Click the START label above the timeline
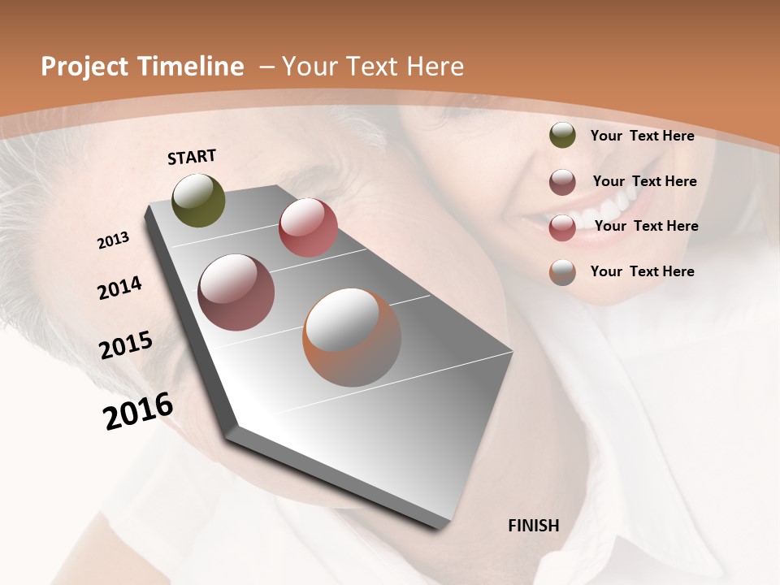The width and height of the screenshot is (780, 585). pos(192,157)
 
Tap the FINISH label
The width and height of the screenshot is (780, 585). pos(534,526)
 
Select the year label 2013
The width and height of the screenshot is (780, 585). pos(114,240)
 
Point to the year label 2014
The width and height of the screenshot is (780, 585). pos(120,288)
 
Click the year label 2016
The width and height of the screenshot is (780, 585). pos(138,411)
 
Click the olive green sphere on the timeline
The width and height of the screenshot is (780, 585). pos(199,200)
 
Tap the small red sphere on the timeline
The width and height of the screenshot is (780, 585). pos(308,227)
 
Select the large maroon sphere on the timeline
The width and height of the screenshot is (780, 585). pos(236,292)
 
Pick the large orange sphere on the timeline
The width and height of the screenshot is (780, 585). pos(352,337)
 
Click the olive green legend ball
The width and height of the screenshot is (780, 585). pos(562,136)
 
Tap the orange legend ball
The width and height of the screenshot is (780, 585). pos(562,272)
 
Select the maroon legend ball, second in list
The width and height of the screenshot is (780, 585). pos(562,182)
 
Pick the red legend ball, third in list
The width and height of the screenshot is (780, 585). pos(562,227)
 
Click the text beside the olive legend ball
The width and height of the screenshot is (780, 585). pos(643,136)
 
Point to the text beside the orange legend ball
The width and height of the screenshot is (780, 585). pos(643,271)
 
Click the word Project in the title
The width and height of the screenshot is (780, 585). pos(84,67)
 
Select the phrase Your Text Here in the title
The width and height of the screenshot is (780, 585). pos(373,67)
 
